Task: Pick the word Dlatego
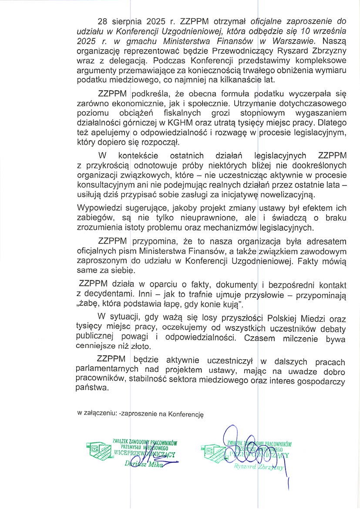(332, 123)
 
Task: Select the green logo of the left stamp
(98, 451)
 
